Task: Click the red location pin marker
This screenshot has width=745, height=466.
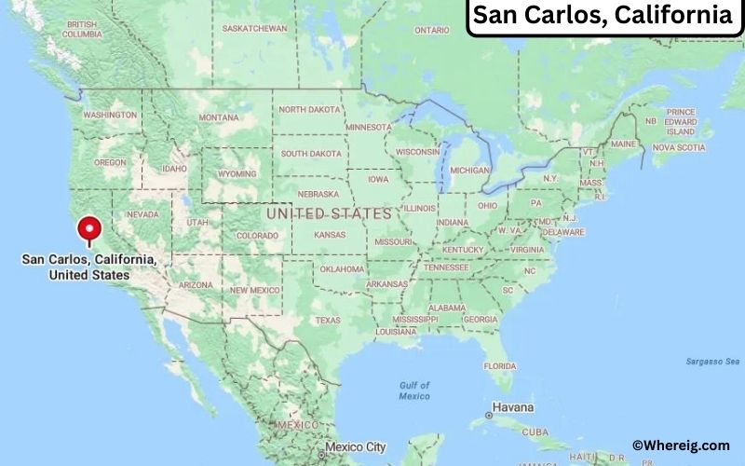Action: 89,228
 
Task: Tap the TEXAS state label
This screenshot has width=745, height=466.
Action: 328,320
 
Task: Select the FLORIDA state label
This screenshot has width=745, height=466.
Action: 499,365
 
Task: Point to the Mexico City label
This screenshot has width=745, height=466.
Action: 355,446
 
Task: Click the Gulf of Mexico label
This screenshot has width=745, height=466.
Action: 414,391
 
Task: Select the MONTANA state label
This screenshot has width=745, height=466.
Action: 219,117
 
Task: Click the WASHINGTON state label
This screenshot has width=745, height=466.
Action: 110,115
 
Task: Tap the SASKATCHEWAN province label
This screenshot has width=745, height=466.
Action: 254,28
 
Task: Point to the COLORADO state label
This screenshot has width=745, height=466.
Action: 257,236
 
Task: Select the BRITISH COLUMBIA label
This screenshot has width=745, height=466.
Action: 82,29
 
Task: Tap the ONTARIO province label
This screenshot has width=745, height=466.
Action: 432,30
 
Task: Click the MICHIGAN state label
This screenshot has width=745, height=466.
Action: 469,171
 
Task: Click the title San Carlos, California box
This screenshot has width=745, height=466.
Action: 603,17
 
